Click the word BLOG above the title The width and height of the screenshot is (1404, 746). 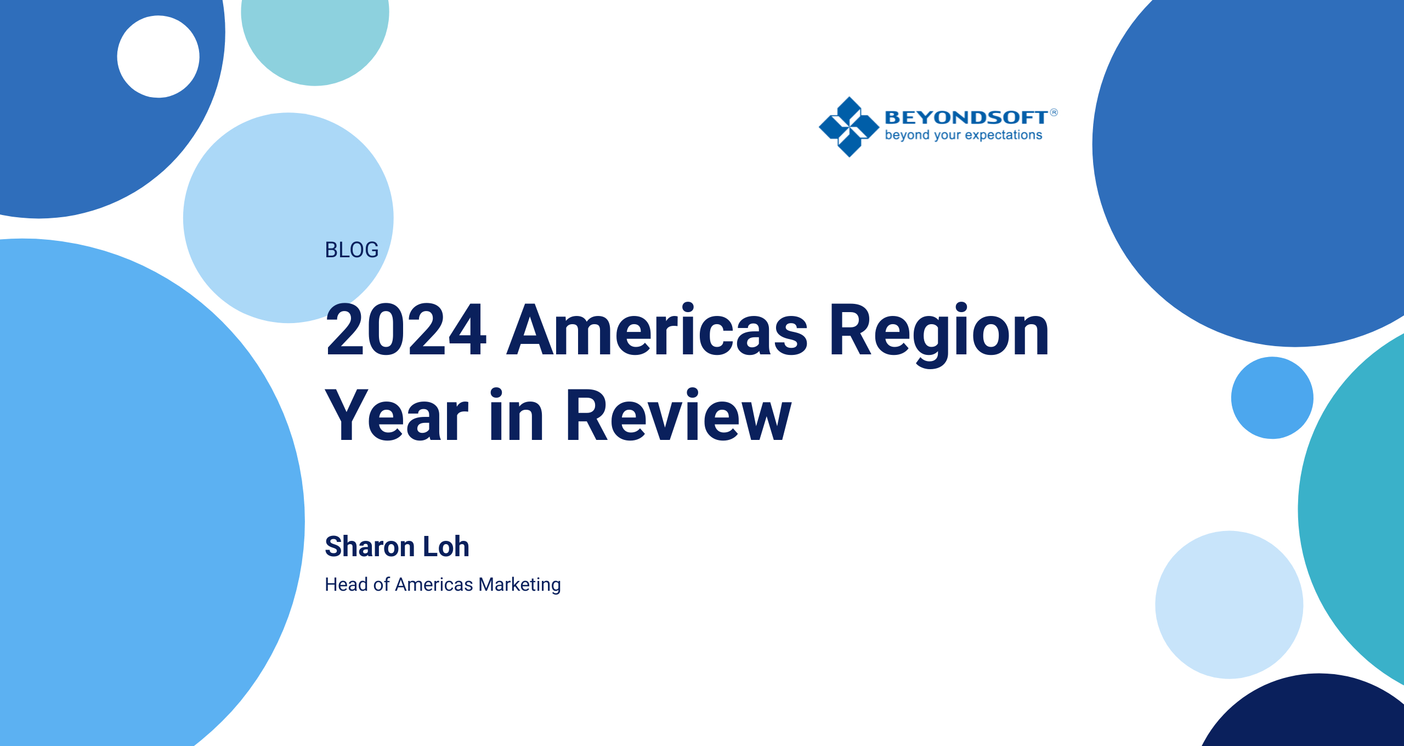tap(352, 250)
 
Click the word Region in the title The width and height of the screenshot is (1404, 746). tap(939, 332)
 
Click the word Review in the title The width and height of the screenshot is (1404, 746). tap(678, 415)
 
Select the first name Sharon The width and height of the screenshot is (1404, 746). tap(370, 546)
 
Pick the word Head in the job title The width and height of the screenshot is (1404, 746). tap(346, 585)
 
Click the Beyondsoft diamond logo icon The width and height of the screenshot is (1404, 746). tap(849, 127)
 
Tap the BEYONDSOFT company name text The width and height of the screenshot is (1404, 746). tap(966, 117)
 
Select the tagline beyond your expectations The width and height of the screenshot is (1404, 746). tap(964, 135)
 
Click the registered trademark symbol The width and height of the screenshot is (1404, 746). tap(1054, 112)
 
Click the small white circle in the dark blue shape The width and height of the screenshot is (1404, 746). tap(158, 56)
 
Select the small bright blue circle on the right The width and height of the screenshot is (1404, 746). tap(1272, 398)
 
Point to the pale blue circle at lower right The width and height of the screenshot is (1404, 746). tap(1229, 604)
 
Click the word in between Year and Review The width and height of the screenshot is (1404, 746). tap(516, 415)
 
